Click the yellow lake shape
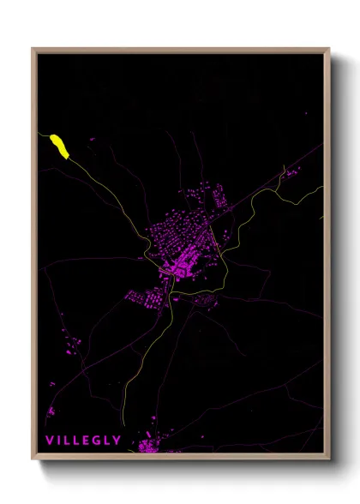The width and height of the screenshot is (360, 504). (x=58, y=145)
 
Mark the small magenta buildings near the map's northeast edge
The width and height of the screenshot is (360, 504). (x=291, y=174)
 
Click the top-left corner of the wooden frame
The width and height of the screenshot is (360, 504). (x=33, y=49)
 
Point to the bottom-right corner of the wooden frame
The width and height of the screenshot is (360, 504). (x=328, y=459)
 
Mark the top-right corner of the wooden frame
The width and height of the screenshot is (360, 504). (x=328, y=49)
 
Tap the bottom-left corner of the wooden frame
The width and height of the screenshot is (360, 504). (x=33, y=459)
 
